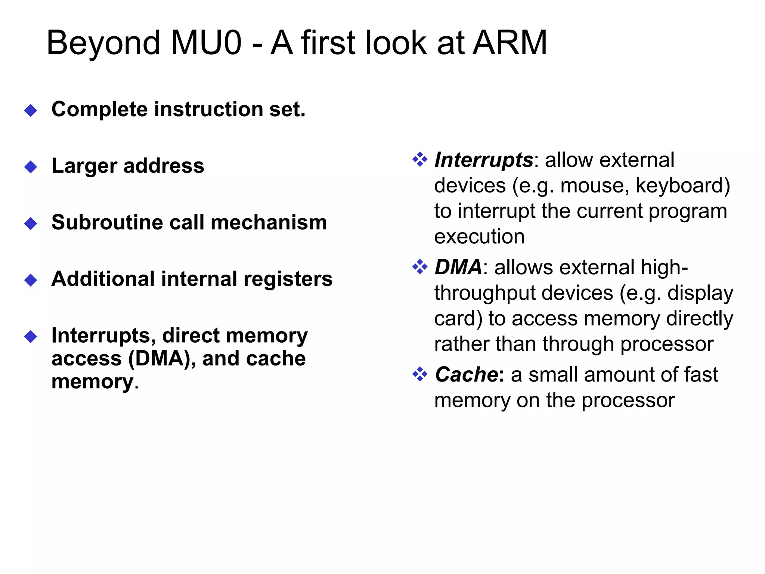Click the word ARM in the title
tap(510, 43)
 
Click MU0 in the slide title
tap(206, 43)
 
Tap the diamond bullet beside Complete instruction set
tap(31, 110)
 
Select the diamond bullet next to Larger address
tap(31, 167)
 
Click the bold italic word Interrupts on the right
tap(484, 161)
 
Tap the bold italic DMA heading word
tap(458, 268)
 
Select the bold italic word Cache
tap(467, 375)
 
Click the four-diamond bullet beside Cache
tap(420, 374)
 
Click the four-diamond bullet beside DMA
tap(420, 267)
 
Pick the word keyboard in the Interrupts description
tap(682, 186)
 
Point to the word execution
tap(479, 237)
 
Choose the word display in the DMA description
tap(700, 293)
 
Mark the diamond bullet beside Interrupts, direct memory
tap(31, 336)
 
